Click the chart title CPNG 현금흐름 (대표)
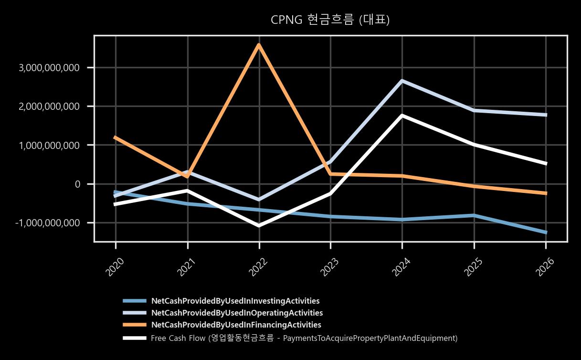pos(330,20)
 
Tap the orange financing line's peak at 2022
pos(259,45)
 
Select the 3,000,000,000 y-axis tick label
pos(49,68)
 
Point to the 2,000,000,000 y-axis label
pos(49,106)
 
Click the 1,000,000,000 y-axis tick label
pos(49,145)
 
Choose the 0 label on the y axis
pos(77,184)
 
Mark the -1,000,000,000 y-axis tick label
pos(47,223)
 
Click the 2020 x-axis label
pos(115,267)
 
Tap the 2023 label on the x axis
pos(329,267)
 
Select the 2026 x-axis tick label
pos(545,267)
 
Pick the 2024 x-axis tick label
pos(401,267)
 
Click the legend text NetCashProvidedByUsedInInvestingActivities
pos(235,301)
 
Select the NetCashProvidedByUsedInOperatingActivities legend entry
pos(237,313)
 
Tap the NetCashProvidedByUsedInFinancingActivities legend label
pos(236,325)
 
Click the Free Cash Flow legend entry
pos(304,338)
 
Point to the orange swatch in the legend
pos(135,325)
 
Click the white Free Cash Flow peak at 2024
pos(402,116)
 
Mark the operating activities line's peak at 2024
pos(402,81)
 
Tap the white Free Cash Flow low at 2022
pos(259,225)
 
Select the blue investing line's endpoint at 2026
pos(546,233)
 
